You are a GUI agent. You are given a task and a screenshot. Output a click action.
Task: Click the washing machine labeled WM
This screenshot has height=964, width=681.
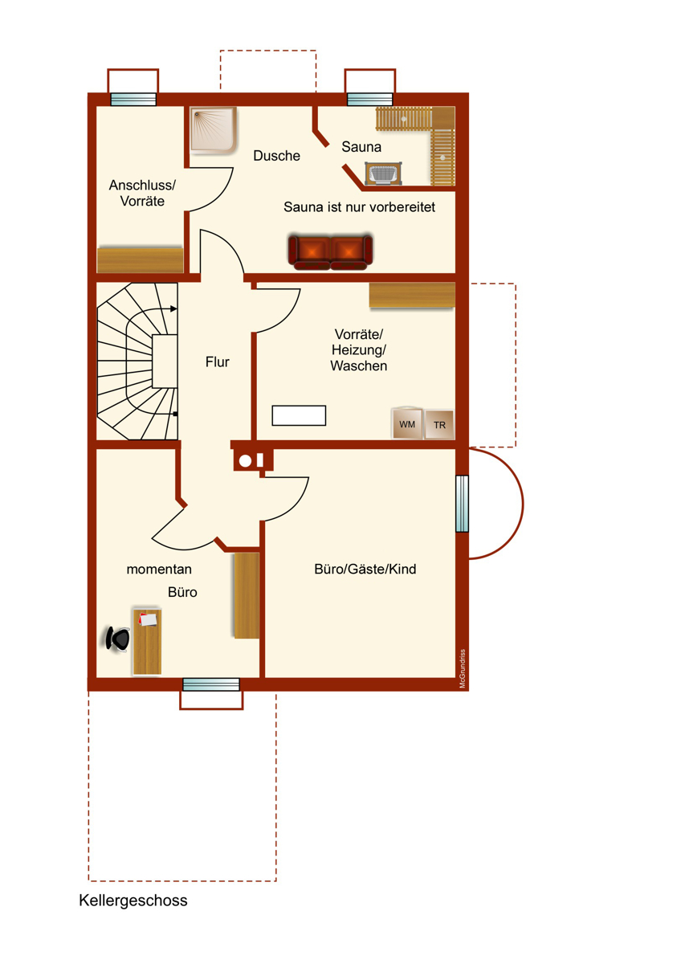[x=407, y=424]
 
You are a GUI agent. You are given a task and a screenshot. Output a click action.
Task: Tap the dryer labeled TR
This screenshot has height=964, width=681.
[x=439, y=425]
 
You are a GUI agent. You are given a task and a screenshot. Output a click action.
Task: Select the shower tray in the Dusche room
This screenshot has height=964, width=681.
[x=214, y=130]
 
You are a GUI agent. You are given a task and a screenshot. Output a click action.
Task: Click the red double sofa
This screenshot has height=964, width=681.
[x=330, y=251]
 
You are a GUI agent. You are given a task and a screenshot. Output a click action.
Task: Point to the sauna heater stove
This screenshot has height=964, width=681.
[x=383, y=174]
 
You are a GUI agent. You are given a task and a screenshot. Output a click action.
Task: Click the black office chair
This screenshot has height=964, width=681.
[x=118, y=639]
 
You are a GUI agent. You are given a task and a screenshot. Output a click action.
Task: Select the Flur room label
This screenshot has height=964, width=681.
[x=218, y=362]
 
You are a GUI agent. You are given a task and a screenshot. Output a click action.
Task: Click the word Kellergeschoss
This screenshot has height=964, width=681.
[x=133, y=901]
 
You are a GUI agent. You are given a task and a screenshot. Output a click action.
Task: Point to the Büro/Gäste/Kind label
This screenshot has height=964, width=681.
[x=365, y=569]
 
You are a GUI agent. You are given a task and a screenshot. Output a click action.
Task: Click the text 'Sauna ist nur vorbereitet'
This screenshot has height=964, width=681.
[x=359, y=207]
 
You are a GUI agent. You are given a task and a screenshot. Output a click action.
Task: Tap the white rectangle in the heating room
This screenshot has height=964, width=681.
[x=299, y=415]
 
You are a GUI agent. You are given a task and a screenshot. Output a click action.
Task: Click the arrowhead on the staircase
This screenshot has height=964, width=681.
[x=173, y=308]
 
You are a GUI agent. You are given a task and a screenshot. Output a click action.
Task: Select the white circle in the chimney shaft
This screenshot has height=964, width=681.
[x=245, y=461]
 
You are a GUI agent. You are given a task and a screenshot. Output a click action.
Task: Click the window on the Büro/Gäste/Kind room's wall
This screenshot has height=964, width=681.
[x=462, y=504]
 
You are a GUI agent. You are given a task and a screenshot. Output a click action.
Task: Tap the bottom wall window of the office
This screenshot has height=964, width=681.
[x=211, y=684]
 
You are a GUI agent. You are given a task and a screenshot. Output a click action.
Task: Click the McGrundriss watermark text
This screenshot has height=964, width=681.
[x=463, y=668]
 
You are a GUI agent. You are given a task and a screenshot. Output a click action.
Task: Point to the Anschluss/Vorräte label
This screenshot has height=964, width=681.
[x=142, y=193]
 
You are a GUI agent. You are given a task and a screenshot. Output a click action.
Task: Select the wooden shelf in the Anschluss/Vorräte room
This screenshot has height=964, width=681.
[x=141, y=260]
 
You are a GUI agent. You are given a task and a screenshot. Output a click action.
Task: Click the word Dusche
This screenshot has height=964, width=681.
[x=276, y=155]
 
